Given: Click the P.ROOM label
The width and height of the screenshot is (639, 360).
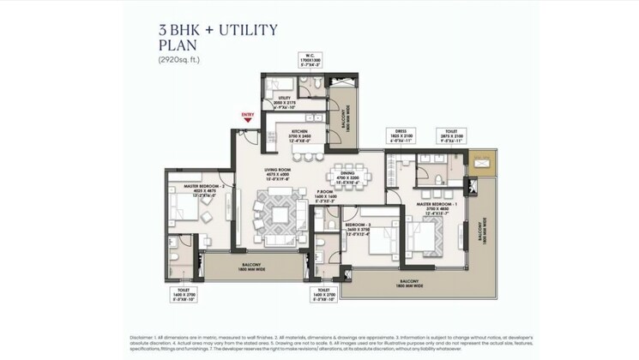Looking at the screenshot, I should [330, 195].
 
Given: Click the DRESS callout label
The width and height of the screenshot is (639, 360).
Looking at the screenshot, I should [401, 135].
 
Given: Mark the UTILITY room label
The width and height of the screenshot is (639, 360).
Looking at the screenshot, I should [283, 104].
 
